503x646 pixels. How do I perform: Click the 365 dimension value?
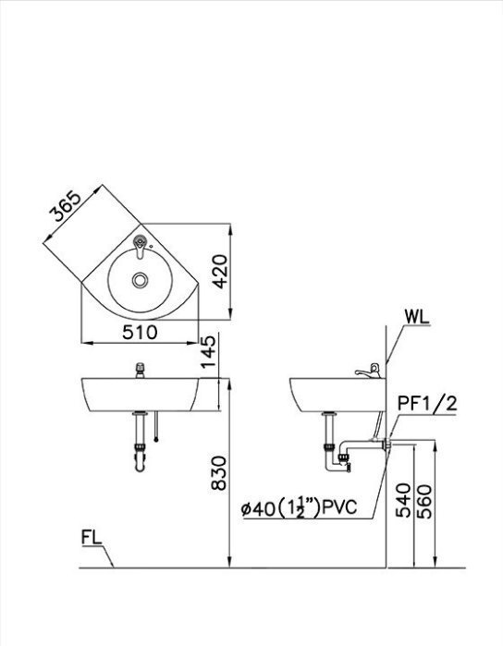pyautogui.click(x=65, y=206)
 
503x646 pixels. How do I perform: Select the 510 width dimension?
pyautogui.click(x=140, y=333)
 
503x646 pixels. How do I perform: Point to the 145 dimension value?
pyautogui.click(x=208, y=351)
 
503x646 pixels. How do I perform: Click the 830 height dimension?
pyautogui.click(x=218, y=473)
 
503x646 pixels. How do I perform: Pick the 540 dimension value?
pyautogui.click(x=403, y=500)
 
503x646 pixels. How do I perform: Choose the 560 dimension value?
pyautogui.click(x=423, y=501)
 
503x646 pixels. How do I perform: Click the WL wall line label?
pyautogui.click(x=417, y=317)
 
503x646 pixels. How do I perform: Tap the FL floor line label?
pyautogui.click(x=92, y=538)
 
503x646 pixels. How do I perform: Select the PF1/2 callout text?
pyautogui.click(x=427, y=404)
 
